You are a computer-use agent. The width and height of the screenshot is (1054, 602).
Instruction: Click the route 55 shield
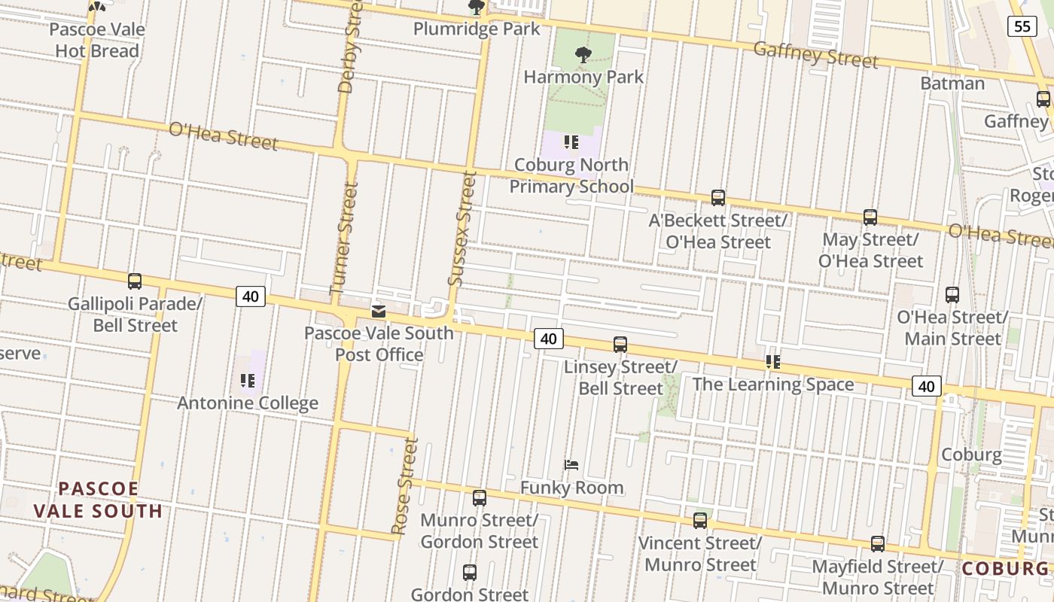coord(1022,27)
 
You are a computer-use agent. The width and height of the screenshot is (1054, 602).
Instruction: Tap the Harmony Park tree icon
coord(583,54)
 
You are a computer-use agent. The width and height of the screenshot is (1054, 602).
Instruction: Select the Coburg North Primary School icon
coord(571,141)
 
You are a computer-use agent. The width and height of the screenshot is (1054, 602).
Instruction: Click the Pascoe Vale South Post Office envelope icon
coord(379,311)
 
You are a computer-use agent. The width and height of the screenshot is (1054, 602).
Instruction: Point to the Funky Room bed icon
coord(571,465)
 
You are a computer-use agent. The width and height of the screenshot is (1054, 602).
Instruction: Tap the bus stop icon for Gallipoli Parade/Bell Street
coord(135,281)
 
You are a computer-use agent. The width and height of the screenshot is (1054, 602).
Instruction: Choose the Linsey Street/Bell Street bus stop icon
coord(620,345)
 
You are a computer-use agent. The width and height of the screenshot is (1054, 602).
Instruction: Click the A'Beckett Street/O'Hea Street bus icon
coord(718,198)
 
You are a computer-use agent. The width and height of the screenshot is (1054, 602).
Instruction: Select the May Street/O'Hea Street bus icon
coord(870,217)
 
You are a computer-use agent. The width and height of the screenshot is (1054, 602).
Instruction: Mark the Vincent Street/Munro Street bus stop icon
coord(700,520)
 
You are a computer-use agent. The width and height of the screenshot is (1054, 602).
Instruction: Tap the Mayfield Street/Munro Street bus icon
coord(878,543)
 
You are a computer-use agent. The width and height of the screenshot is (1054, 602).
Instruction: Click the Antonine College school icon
coord(247,381)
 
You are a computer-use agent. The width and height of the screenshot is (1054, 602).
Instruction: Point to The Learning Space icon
coord(772,362)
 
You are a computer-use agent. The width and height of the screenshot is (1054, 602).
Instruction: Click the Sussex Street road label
coord(463,229)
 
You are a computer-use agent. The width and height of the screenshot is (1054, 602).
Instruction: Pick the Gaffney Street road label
coord(815,54)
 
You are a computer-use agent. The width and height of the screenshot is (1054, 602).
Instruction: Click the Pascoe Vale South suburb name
coord(98,500)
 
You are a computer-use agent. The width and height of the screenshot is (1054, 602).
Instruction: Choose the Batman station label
coord(952,83)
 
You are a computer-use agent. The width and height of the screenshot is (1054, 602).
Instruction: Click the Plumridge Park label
coord(477,29)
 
